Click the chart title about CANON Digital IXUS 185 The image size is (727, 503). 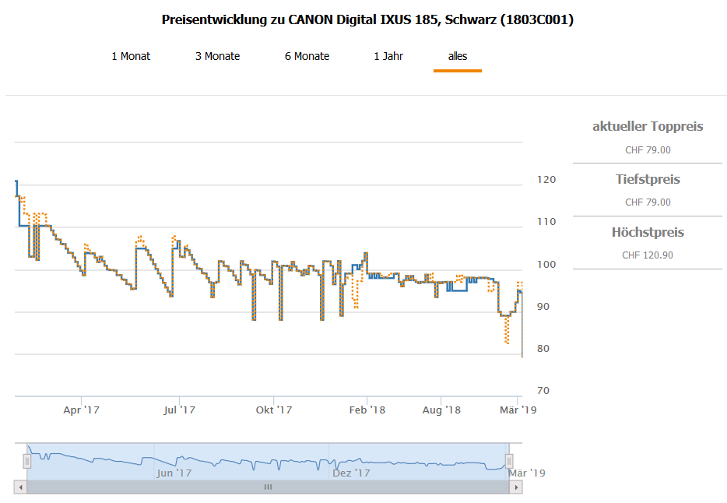pyautogui.click(x=367, y=20)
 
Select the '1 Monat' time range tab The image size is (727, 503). pyautogui.click(x=131, y=56)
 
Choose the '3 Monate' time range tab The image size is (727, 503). pyautogui.click(x=217, y=56)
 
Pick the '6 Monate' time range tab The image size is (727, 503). pyautogui.click(x=307, y=56)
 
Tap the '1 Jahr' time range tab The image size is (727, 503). pyautogui.click(x=388, y=56)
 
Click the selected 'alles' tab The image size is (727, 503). pyautogui.click(x=458, y=56)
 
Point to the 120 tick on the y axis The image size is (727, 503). pyautogui.click(x=547, y=180)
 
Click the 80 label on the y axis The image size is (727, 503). pyautogui.click(x=547, y=349)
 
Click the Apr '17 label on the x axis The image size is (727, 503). pyautogui.click(x=82, y=410)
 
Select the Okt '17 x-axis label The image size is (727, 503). pyautogui.click(x=273, y=410)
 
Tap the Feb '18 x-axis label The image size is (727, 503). pyautogui.click(x=367, y=410)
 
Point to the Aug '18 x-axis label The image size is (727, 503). pyautogui.click(x=441, y=410)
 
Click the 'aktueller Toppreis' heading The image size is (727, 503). pyautogui.click(x=648, y=127)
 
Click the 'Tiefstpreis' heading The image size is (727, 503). pyautogui.click(x=648, y=180)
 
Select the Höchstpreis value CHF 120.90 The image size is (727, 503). pyautogui.click(x=648, y=255)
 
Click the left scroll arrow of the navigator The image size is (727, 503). pyautogui.click(x=19, y=487)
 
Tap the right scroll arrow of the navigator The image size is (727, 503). pyautogui.click(x=515, y=487)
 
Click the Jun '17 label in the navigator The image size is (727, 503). pyautogui.click(x=174, y=473)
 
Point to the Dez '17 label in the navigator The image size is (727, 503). pyautogui.click(x=350, y=473)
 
